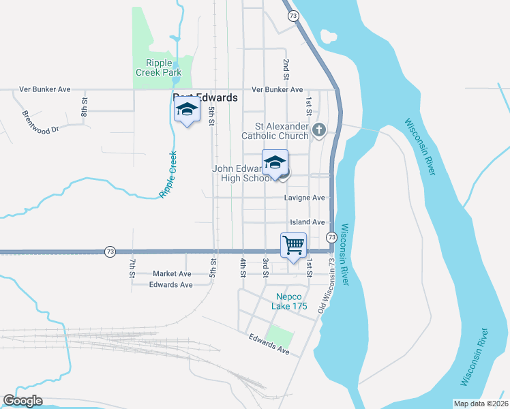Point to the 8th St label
point(85,107)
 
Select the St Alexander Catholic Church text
point(282,131)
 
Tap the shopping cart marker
point(293,245)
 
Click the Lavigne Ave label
point(305,198)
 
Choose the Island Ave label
point(307,222)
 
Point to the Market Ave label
point(172,273)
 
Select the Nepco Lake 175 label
point(290,301)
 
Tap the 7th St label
point(133,268)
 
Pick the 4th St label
point(243,268)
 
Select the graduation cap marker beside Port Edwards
point(187,110)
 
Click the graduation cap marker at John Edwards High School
point(275,162)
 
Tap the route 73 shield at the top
point(292,16)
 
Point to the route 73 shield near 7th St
point(110,252)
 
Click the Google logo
point(22,401)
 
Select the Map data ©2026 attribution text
point(480,404)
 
